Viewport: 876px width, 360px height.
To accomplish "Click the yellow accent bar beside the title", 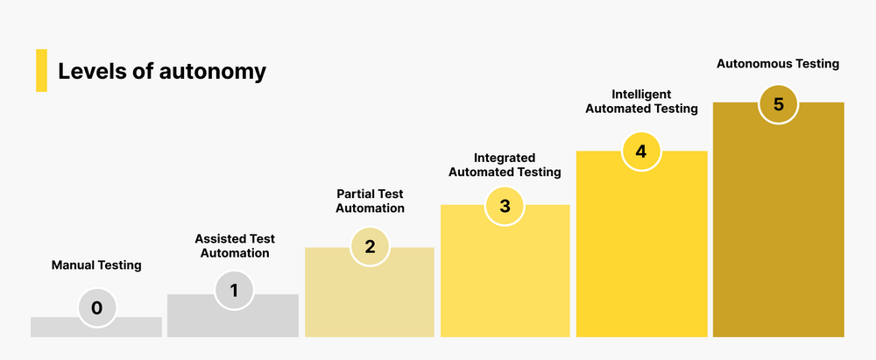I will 41,71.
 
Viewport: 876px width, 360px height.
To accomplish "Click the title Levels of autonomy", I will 161,71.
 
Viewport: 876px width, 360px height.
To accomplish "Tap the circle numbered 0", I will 96,307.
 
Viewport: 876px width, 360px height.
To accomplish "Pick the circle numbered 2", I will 370,247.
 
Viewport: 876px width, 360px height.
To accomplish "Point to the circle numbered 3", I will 505,207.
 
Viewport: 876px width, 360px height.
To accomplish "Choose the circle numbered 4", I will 641,152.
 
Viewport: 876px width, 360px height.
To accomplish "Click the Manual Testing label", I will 96,265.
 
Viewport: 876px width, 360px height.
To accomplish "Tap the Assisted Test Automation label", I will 234,246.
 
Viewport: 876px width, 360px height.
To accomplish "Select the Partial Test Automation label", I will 371,201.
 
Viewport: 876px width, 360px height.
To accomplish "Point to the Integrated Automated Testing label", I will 505,165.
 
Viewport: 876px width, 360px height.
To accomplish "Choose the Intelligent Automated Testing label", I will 641,102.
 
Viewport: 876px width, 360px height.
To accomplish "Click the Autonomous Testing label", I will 778,63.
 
